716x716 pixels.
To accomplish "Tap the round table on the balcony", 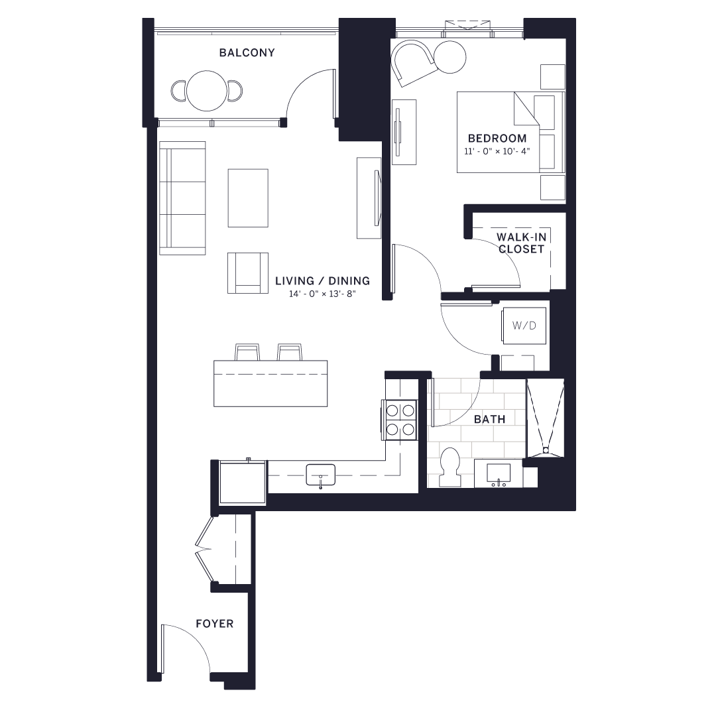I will [x=207, y=91].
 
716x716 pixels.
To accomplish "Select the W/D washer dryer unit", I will [x=524, y=326].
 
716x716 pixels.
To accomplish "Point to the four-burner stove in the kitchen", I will [x=399, y=420].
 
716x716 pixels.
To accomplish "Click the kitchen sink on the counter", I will [x=320, y=475].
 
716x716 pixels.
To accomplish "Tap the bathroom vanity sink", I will [x=499, y=473].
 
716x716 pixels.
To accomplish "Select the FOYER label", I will [x=214, y=624].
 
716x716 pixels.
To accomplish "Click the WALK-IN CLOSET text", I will [x=522, y=243].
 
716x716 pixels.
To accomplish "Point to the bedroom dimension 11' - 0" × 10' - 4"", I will [x=498, y=152].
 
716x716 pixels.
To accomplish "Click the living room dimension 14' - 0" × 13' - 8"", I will [x=322, y=294].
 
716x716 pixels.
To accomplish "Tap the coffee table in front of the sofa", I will [x=248, y=198].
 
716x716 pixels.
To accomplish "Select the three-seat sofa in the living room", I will [x=182, y=198].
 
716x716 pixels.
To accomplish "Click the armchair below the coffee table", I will [x=248, y=272].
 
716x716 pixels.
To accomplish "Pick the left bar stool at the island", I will [x=247, y=352].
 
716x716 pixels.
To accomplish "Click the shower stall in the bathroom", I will [x=545, y=418].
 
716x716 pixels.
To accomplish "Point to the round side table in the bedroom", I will [x=452, y=57].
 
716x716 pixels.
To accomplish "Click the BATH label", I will [x=489, y=419].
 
